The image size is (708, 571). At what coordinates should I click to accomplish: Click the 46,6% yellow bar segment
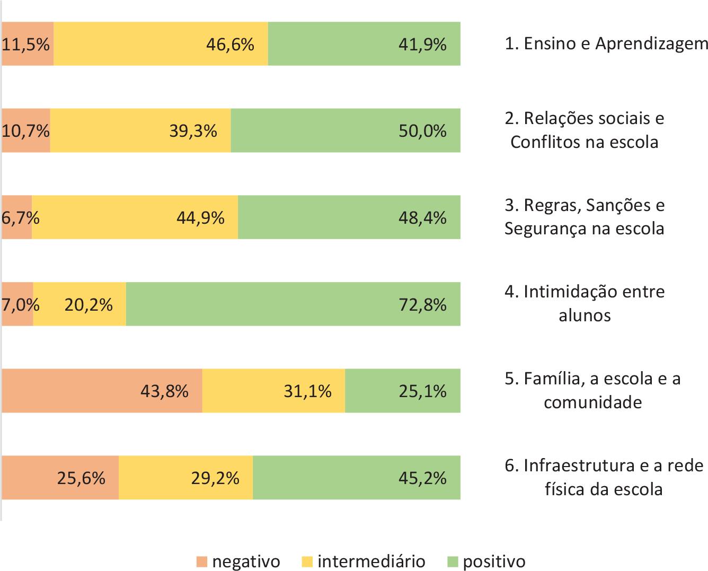point(161,43)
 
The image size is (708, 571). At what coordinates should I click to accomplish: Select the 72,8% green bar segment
point(293,304)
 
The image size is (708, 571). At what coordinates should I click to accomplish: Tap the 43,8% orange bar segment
point(102,391)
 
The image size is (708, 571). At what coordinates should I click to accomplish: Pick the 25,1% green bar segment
point(402,391)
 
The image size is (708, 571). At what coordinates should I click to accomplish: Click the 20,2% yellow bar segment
point(79,304)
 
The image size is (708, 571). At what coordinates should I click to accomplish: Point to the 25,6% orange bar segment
point(60,478)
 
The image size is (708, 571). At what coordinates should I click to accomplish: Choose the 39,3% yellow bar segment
point(140,130)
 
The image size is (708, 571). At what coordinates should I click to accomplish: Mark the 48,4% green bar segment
point(349,217)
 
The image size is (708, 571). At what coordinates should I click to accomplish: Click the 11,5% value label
point(26,44)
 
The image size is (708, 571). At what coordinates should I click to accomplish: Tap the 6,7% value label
point(20,217)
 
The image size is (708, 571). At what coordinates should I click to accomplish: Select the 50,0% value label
point(422,131)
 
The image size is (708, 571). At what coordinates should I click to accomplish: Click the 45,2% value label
point(422,478)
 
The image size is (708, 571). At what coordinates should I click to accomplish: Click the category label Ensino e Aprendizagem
point(606,43)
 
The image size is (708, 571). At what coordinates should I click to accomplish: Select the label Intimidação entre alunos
point(585,303)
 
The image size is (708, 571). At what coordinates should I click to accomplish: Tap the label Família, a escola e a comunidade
point(592,390)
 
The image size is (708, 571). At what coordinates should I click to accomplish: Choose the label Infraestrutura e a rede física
point(604,477)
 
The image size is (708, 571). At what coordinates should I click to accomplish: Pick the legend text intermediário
point(371,561)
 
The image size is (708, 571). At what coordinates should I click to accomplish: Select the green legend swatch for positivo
point(453,561)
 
